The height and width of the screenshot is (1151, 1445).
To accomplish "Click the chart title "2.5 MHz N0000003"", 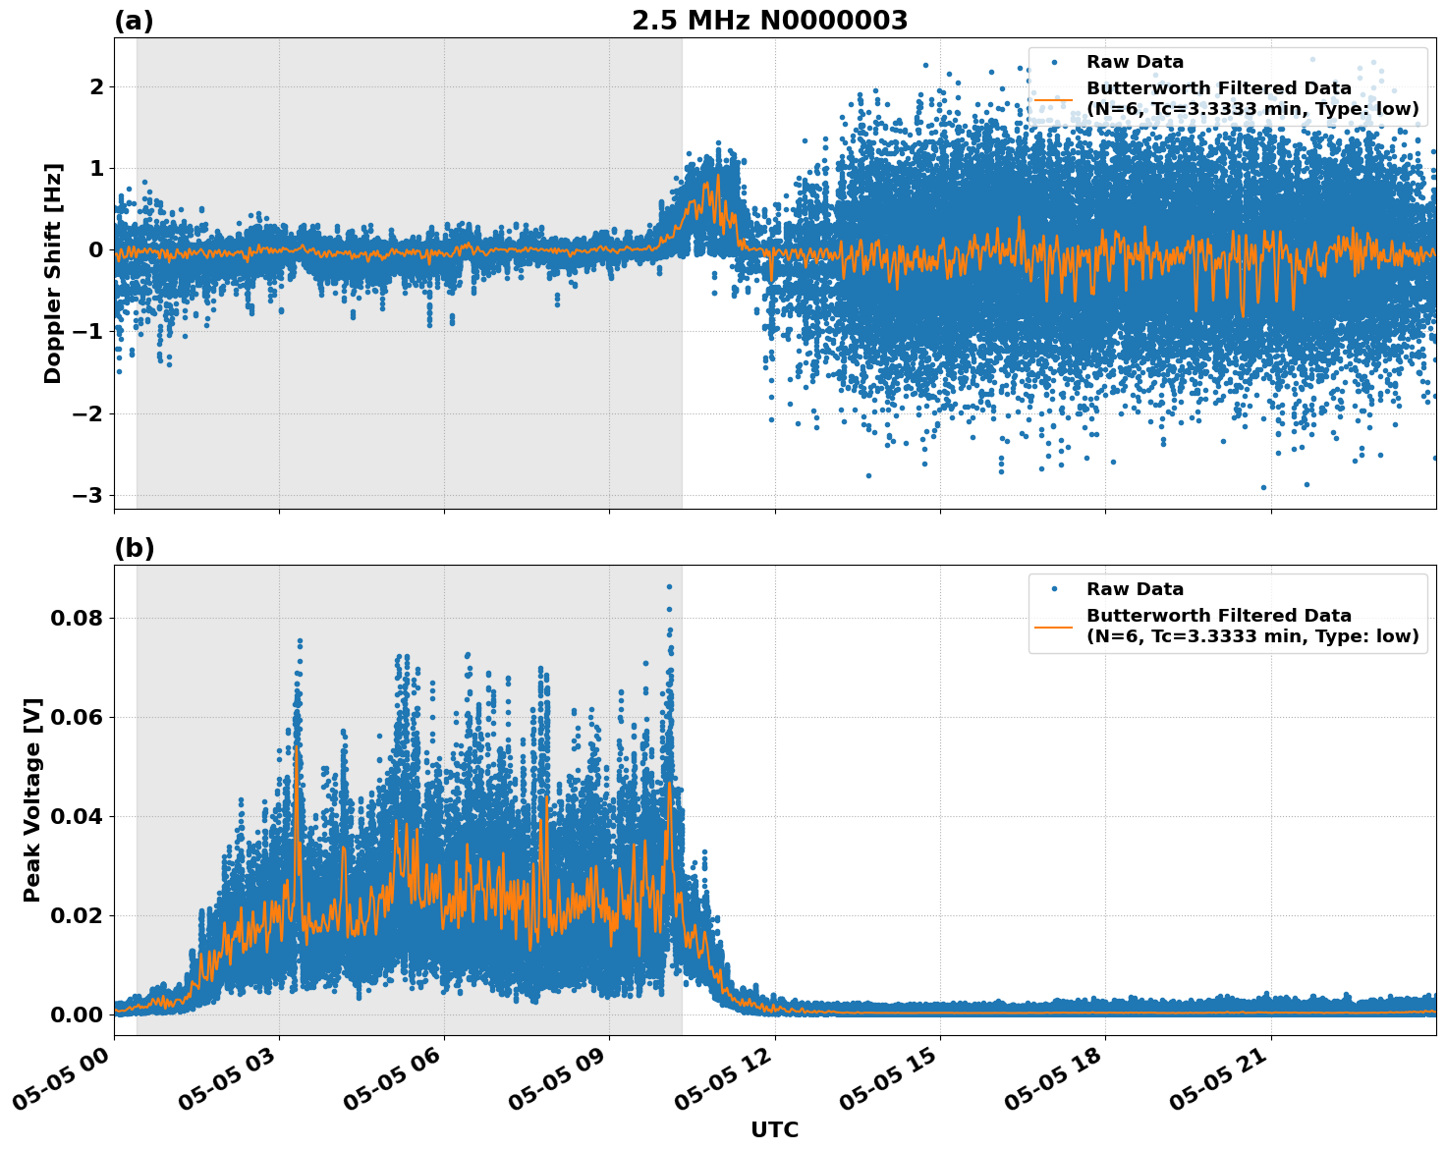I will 769,21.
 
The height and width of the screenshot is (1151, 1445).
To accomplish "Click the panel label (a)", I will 134,21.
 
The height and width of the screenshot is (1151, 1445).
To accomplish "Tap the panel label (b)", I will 134,548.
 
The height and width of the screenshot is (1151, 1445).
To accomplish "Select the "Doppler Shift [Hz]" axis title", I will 53,273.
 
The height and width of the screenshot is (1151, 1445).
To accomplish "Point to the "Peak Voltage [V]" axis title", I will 32,799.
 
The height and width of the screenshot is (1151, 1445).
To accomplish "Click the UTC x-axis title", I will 774,1129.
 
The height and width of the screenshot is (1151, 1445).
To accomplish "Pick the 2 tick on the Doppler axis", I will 96,86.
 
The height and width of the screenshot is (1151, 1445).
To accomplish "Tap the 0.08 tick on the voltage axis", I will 81,618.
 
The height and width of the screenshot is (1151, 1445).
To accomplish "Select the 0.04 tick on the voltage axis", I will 81,816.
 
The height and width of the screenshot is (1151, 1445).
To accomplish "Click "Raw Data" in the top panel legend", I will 1135,62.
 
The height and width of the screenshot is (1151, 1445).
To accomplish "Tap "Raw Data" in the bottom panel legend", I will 1135,589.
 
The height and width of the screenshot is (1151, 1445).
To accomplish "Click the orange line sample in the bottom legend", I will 1053,626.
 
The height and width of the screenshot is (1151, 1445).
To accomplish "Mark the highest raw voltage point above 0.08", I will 669,586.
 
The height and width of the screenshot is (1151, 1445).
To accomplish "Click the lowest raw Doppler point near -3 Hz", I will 1263,487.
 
